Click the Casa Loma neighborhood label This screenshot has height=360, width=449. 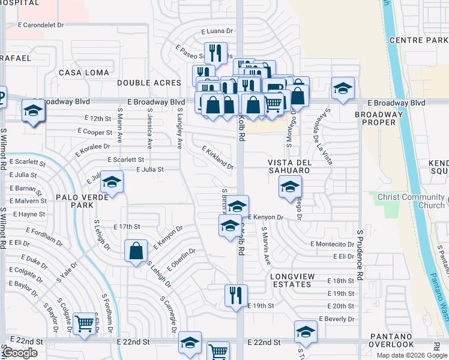[x=84, y=73]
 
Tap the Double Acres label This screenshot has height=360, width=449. [x=149, y=83]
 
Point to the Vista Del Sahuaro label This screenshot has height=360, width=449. [x=289, y=167]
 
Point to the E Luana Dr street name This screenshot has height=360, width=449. [x=217, y=31]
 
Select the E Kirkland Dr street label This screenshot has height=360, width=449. [x=217, y=157]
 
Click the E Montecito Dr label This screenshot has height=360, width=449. [x=332, y=244]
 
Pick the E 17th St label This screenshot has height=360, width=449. [x=126, y=227]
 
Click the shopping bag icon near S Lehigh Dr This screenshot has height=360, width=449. [x=136, y=250]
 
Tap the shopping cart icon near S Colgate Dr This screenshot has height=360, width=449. [x=84, y=323]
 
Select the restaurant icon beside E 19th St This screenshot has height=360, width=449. [x=234, y=295]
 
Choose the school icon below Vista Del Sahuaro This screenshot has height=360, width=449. [x=289, y=187]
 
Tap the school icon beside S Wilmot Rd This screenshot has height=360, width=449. [x=32, y=111]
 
